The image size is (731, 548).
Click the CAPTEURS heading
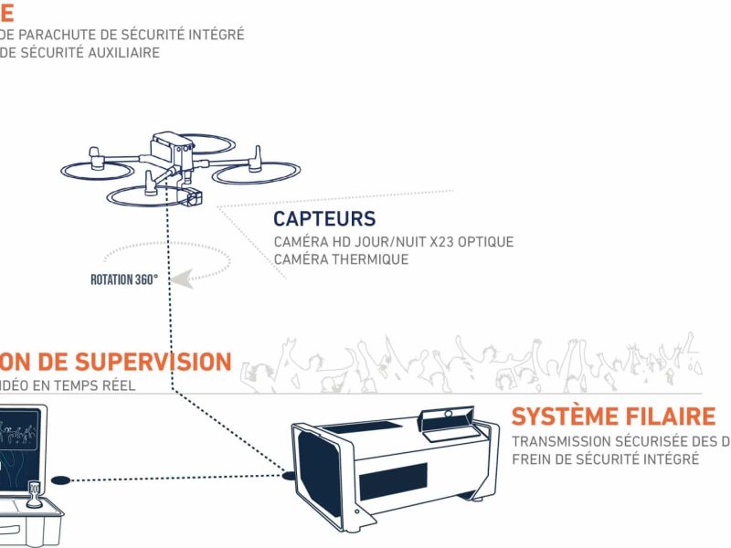[324, 219]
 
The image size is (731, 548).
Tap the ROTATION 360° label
[124, 279]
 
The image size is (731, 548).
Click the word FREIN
[533, 459]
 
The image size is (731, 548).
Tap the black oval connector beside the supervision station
[60, 479]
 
